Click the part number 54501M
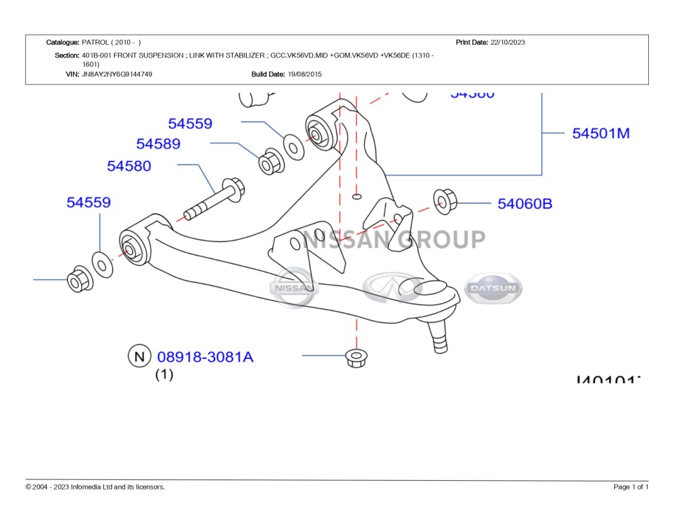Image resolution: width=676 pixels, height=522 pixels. [x=600, y=133]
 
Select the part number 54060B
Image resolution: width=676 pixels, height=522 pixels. [x=525, y=203]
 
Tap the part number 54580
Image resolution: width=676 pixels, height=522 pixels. [x=129, y=166]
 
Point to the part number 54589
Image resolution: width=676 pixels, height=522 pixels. [x=158, y=144]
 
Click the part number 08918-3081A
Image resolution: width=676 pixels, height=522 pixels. [x=205, y=356]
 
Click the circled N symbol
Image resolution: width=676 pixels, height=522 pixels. [x=139, y=356]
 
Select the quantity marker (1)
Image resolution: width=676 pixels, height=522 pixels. [x=164, y=374]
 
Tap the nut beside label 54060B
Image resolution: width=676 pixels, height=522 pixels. [x=445, y=201]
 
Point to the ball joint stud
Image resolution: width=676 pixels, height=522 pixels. [x=439, y=335]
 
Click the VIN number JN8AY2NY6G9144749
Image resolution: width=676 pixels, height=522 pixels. [x=117, y=74]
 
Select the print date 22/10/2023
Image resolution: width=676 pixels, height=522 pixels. [x=508, y=42]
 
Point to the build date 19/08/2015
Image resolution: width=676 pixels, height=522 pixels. [x=305, y=74]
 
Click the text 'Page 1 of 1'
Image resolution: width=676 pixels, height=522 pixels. [x=631, y=487]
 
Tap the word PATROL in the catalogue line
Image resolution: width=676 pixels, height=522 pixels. [x=94, y=42]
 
